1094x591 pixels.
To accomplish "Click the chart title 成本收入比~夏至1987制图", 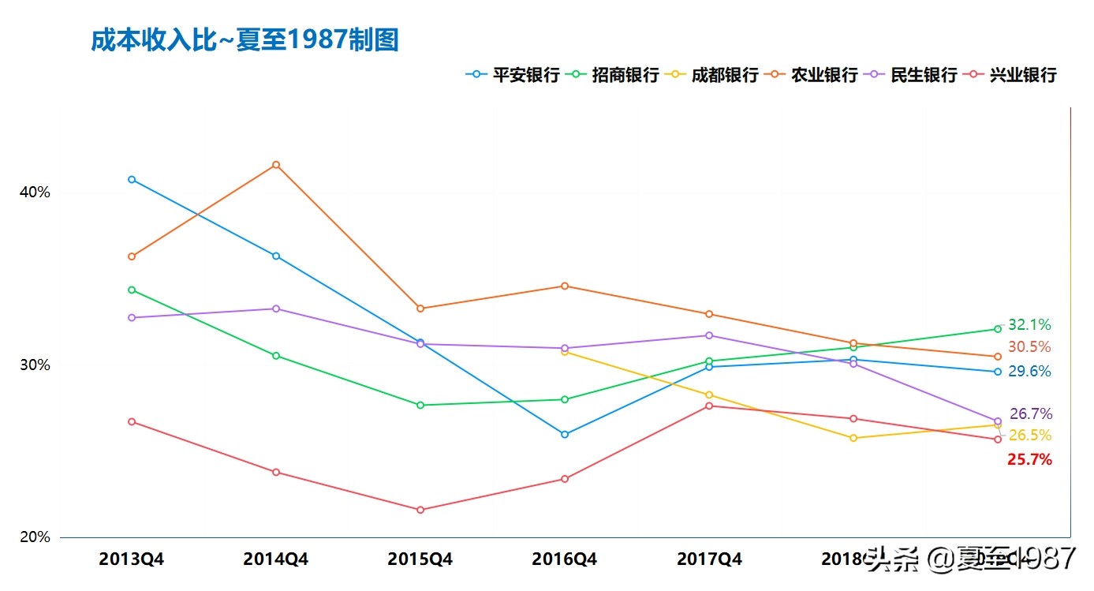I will tap(245, 40).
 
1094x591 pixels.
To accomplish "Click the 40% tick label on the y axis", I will tap(35, 193).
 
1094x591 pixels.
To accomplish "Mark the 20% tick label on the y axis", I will tap(35, 537).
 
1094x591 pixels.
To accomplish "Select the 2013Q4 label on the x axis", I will tap(132, 559).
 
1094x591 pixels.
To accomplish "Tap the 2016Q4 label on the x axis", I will tap(565, 559).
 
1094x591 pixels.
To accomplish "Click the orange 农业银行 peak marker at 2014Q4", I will tap(276, 165).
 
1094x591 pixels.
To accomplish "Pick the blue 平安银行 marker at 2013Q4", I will tap(132, 180).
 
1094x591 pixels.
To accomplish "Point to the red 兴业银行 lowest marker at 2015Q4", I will tap(420, 510).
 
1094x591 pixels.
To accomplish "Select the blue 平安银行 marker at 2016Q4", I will tap(565, 435).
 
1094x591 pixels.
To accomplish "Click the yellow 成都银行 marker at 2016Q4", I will tap(565, 352).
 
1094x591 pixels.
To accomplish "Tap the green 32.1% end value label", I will tap(1029, 325).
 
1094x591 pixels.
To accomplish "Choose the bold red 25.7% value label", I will tap(1029, 459).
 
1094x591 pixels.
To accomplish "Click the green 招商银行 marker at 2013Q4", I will tap(132, 290).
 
